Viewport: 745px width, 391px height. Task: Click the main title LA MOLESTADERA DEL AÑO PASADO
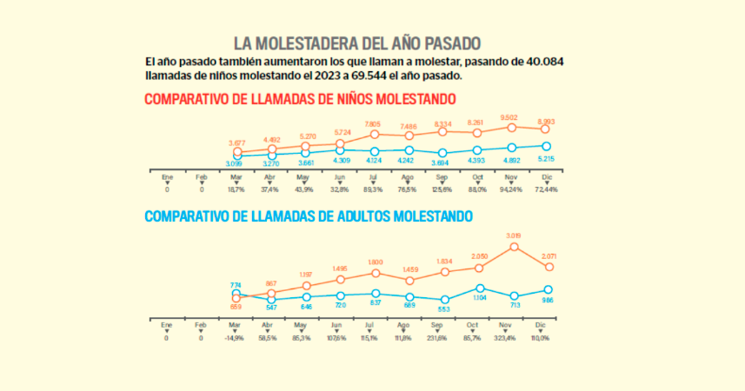tap(356, 43)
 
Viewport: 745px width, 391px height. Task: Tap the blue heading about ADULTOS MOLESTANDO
tap(309, 215)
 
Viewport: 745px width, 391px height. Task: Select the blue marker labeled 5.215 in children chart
tap(546, 147)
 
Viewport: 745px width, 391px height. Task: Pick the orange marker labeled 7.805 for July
tap(375, 134)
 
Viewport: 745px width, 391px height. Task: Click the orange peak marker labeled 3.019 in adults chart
tap(514, 247)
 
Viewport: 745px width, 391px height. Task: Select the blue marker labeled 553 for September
tap(444, 300)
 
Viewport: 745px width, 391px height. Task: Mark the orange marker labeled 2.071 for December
tap(548, 266)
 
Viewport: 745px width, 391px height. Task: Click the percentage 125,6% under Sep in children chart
tap(444, 189)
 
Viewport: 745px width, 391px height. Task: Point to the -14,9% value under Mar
tap(235, 338)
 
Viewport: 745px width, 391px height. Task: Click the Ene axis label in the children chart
tap(167, 176)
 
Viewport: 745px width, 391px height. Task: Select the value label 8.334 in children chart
tap(443, 123)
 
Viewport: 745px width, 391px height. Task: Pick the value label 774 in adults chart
tap(236, 285)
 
